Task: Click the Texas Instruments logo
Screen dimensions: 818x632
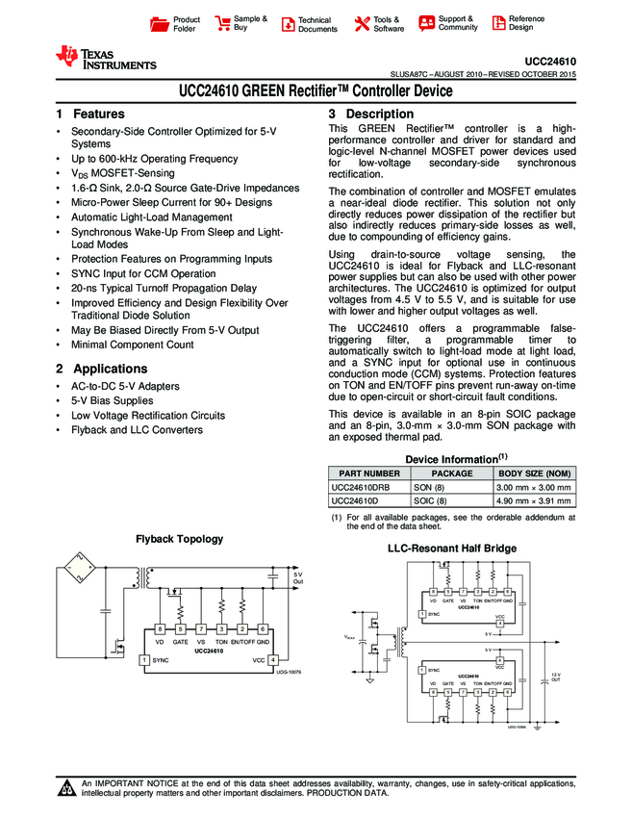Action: (106, 59)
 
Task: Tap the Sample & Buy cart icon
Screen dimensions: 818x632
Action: (223, 24)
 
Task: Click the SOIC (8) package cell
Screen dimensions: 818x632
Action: (431, 501)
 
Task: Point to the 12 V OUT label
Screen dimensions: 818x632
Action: (556, 677)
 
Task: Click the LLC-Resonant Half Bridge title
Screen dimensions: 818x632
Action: (451, 549)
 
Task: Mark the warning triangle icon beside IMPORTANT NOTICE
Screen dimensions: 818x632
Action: (67, 790)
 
